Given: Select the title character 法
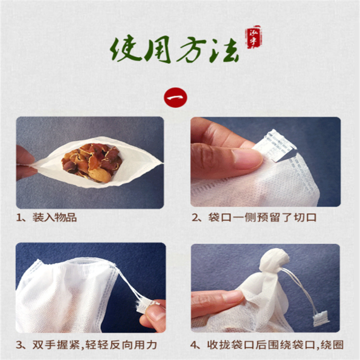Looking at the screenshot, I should (221, 50).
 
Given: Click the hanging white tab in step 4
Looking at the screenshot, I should (320, 317).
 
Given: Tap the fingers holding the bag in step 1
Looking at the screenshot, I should (24, 163).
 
